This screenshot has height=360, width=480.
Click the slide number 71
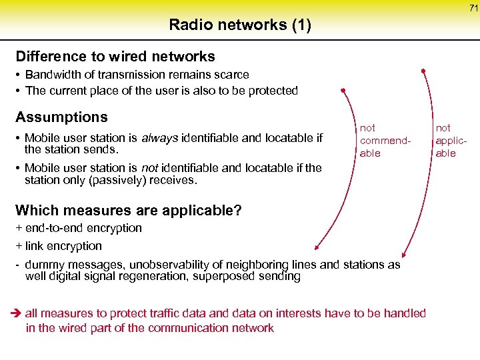473,8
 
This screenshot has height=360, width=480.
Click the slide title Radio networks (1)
239,25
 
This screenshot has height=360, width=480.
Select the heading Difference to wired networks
115,57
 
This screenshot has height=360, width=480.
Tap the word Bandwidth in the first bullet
54,75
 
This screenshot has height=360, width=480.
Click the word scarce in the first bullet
231,75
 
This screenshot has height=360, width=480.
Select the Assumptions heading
61,117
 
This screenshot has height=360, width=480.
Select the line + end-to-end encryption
79,228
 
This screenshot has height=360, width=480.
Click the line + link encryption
59,246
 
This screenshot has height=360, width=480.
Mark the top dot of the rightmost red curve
423,69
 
